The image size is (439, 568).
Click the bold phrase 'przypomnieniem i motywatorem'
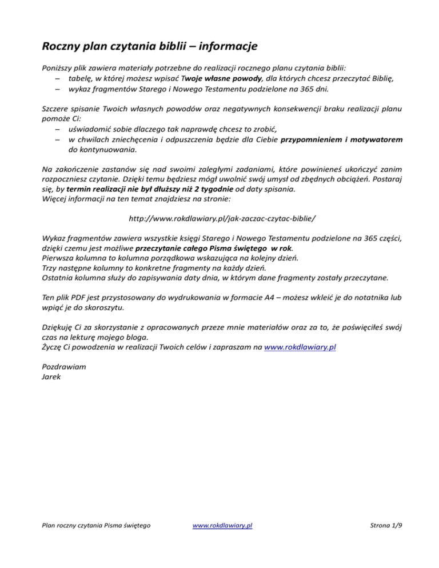pyautogui.click(x=340, y=139)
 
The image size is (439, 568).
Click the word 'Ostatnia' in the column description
pyautogui.click(x=59, y=278)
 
